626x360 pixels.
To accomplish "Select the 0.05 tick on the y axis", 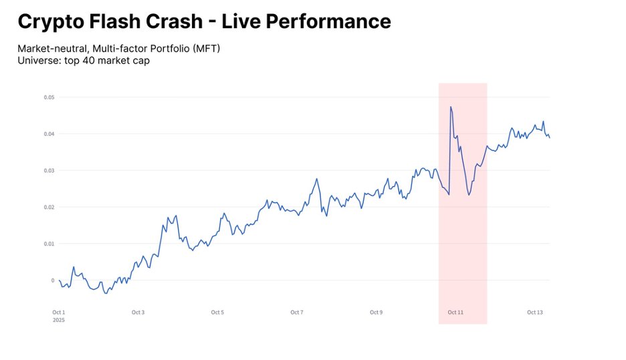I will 49,98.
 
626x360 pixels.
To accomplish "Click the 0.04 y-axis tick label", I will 49,134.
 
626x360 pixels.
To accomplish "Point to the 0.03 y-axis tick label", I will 49,171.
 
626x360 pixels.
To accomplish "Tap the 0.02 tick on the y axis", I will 49,207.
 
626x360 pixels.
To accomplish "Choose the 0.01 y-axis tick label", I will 49,244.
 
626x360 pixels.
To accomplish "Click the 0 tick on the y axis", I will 52,280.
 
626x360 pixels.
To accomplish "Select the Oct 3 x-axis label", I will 138,312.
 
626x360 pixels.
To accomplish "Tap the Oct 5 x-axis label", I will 217,312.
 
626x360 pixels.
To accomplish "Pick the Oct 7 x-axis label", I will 297,312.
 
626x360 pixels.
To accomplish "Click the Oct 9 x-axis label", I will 376,312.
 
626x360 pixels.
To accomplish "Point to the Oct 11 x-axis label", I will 455,312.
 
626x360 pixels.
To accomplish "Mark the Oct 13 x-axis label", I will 535,312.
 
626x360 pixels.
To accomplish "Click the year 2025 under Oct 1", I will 59,320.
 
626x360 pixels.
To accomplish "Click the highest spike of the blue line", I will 451,106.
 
